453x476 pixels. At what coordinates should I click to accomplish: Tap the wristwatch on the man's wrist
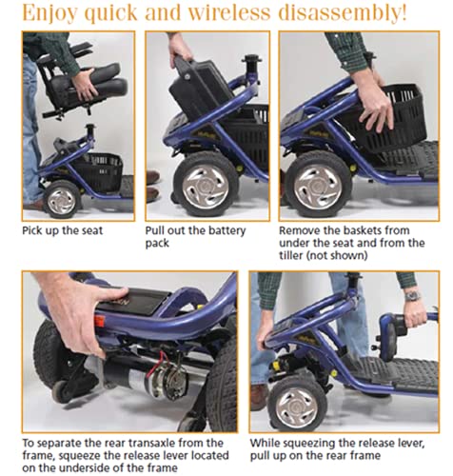(x=412, y=296)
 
